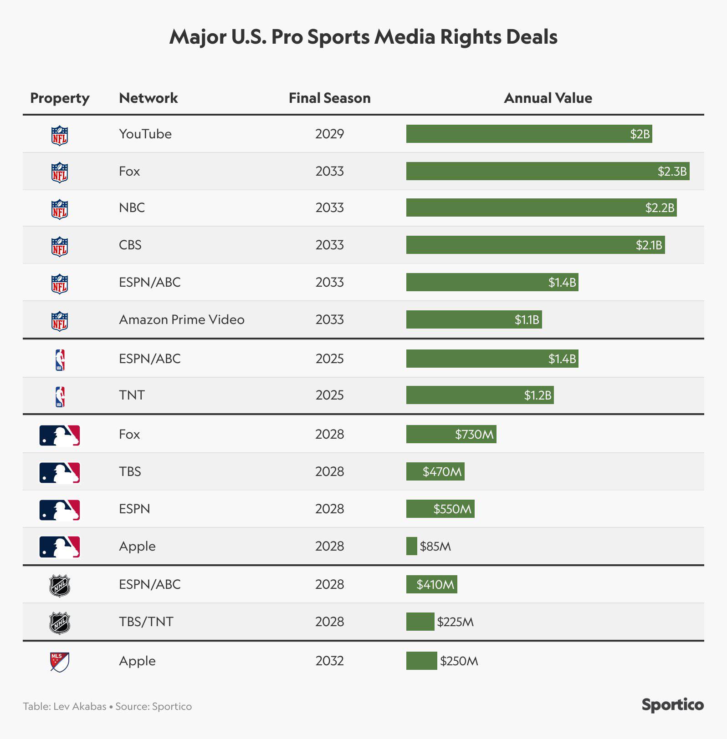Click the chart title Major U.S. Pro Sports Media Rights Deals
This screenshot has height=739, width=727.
point(363,37)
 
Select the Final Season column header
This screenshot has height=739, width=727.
point(329,98)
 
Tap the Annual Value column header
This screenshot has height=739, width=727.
point(548,98)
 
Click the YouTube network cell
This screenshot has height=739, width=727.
point(145,134)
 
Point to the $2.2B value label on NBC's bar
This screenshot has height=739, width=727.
point(659,208)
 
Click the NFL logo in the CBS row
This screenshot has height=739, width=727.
point(60,246)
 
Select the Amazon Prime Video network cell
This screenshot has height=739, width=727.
point(181,319)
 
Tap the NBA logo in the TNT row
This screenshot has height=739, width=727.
point(60,396)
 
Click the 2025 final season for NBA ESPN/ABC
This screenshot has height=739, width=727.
point(329,359)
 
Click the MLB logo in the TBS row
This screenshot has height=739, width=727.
point(60,472)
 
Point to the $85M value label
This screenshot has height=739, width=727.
point(435,546)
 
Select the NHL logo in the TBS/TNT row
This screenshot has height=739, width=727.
point(60,623)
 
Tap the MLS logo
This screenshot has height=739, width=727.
point(60,662)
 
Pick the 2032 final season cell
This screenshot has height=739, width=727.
point(329,661)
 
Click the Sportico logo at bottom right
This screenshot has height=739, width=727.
point(672,705)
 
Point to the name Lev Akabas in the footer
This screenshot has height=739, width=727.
point(80,706)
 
